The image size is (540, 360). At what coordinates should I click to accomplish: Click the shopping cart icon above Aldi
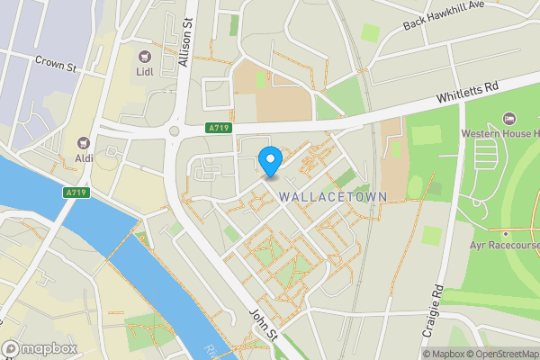85,141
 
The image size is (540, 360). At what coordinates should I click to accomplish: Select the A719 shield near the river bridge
75,193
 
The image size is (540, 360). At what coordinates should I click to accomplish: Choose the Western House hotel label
499,134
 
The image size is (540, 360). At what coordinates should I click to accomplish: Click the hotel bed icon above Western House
509,118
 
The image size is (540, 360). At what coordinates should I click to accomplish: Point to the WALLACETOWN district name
332,195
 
